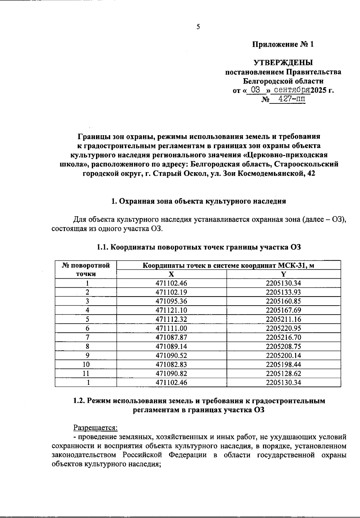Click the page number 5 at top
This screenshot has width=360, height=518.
(x=198, y=27)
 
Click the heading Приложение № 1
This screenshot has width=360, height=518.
(x=283, y=45)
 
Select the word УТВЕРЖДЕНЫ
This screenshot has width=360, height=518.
(x=283, y=63)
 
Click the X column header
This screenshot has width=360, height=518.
(x=171, y=274)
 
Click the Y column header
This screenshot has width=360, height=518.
(x=283, y=274)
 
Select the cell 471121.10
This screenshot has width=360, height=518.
(x=171, y=310)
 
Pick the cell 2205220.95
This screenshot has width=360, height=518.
(x=283, y=328)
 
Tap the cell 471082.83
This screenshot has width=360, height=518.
(x=171, y=364)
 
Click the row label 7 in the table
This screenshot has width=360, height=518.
(x=87, y=337)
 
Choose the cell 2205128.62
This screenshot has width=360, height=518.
(x=283, y=373)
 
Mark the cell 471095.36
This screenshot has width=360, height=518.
(x=171, y=301)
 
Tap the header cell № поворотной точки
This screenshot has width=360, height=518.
(x=86, y=269)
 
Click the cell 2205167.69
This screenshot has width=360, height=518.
(x=283, y=310)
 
